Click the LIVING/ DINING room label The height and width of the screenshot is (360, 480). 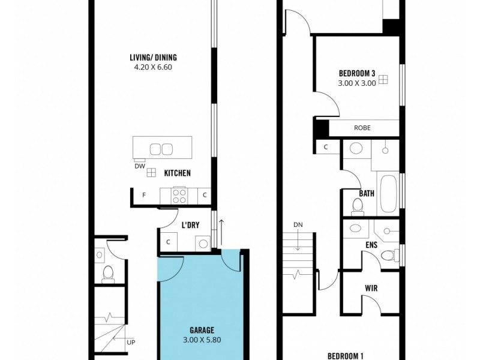tap(153, 58)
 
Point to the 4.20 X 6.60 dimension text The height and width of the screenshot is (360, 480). tap(153, 67)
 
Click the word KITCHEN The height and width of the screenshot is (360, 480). tap(178, 173)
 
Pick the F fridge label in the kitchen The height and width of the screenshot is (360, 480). tap(144, 195)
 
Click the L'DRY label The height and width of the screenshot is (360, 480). tap(190, 226)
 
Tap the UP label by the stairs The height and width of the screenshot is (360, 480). tap(131, 343)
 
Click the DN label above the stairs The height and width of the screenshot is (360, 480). tap(298, 224)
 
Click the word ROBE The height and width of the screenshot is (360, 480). tap(362, 128)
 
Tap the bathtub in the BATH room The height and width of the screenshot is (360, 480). tap(388, 193)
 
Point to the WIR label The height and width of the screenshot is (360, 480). tap(370, 287)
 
